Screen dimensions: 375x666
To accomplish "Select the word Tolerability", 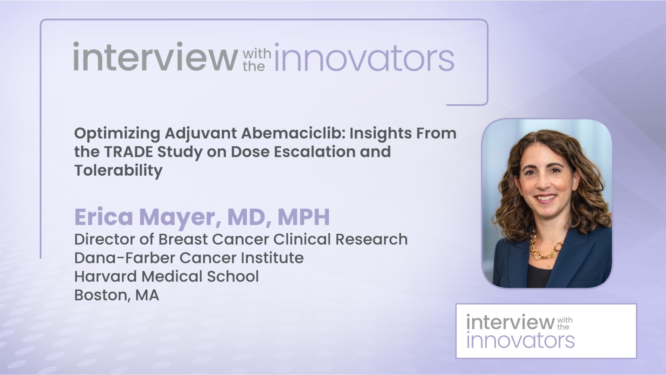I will pos(118,170).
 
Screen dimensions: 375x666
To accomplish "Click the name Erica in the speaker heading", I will pos(104,217).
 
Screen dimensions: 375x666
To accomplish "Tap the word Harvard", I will pos(105,276).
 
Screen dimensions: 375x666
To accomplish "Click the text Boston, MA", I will pos(117,295).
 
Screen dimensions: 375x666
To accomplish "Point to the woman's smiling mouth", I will pos(546,198).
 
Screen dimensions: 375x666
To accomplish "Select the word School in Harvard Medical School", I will pos(233,276).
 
